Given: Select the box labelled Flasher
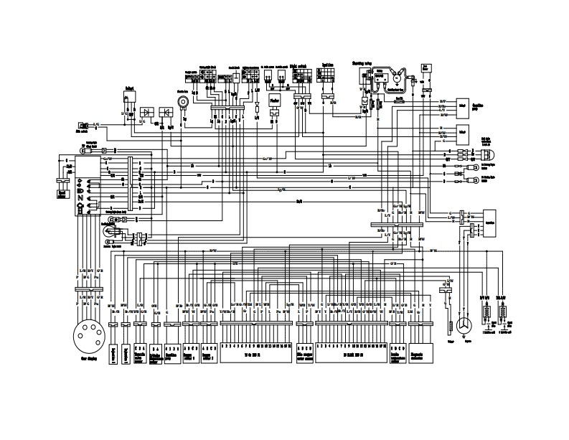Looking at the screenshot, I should (x=274, y=101).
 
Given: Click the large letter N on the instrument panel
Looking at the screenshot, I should (x=80, y=197).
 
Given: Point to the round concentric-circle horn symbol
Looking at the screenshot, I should (x=184, y=102).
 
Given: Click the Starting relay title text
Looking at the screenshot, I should (x=362, y=63).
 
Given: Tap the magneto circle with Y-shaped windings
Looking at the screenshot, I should (x=465, y=327).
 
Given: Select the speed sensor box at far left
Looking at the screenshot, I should (x=62, y=184).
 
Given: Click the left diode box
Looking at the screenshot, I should (x=148, y=112).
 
